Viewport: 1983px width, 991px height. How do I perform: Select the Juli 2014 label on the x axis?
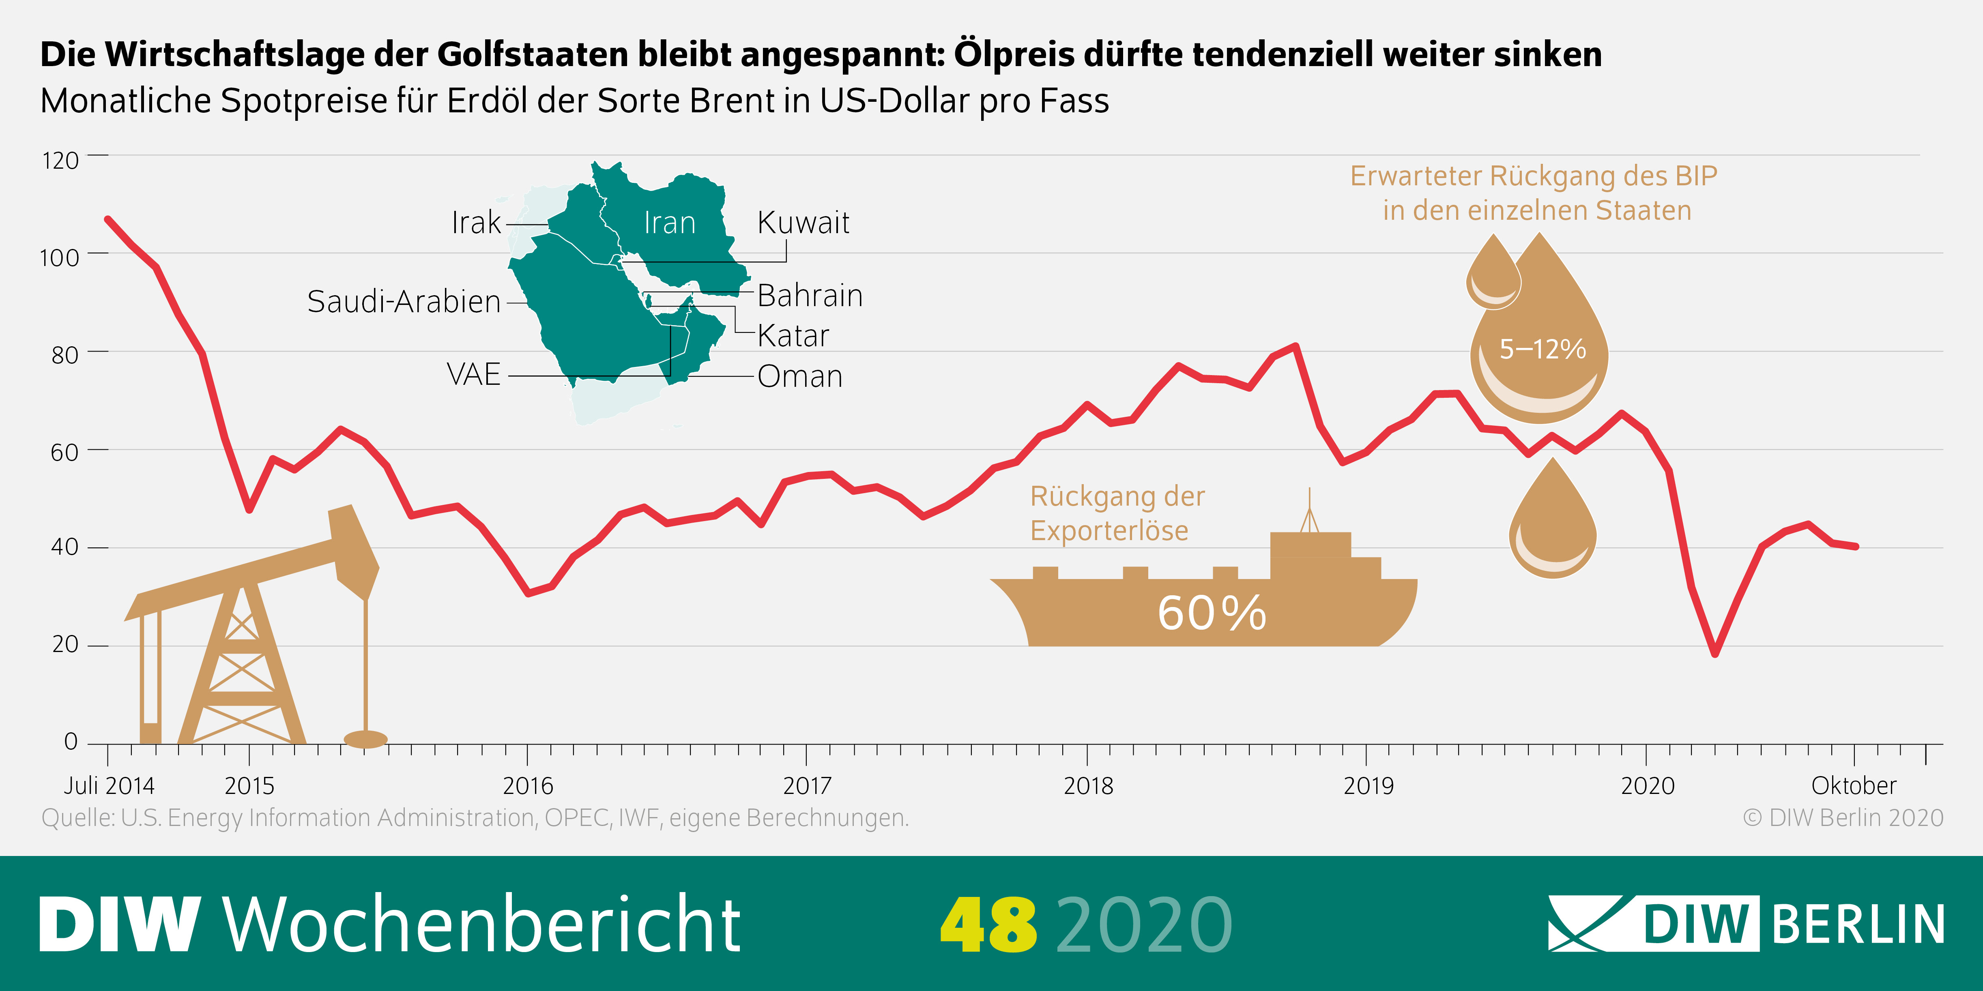point(109,785)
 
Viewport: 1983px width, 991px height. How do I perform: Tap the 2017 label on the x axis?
point(807,785)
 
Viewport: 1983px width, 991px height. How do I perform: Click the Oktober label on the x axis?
point(1854,785)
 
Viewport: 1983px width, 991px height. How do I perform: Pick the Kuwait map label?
point(803,223)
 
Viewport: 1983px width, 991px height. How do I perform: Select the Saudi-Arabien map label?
point(404,302)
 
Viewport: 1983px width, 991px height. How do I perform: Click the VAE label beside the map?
point(473,375)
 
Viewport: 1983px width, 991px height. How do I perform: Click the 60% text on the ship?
point(1212,613)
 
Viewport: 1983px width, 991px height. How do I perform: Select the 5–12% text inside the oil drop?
point(1542,349)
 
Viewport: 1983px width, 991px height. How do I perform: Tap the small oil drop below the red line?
point(1553,527)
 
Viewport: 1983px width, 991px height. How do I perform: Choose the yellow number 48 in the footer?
point(988,924)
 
